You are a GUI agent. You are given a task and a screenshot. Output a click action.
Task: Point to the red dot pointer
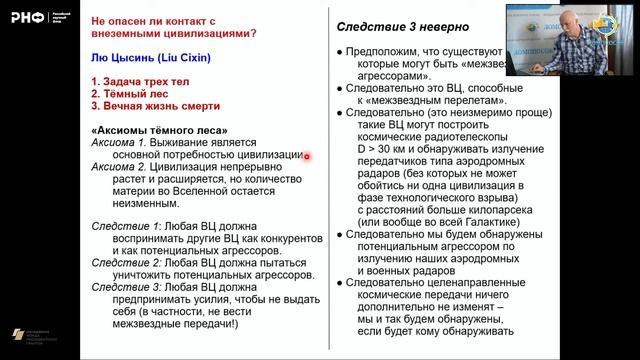(x=306, y=155)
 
